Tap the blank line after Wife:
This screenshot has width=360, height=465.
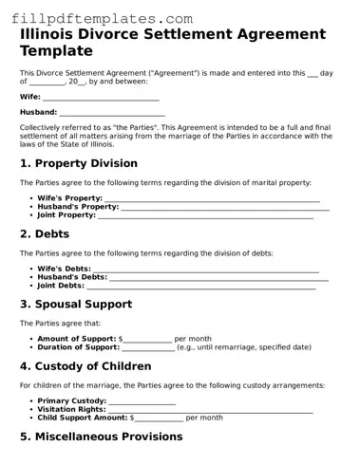tap(101, 97)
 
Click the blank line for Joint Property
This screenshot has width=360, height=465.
tap(205, 215)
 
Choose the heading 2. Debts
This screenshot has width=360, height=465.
tap(50, 233)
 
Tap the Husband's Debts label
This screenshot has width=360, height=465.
tap(72, 277)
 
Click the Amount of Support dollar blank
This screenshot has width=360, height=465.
tap(148, 339)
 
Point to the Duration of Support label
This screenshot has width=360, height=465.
tap(78, 347)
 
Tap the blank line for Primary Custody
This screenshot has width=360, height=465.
tap(141, 400)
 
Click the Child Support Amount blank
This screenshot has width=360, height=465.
tap(159, 418)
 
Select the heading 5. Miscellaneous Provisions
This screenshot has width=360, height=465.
tap(102, 437)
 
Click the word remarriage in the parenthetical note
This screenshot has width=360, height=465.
tap(232, 347)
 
